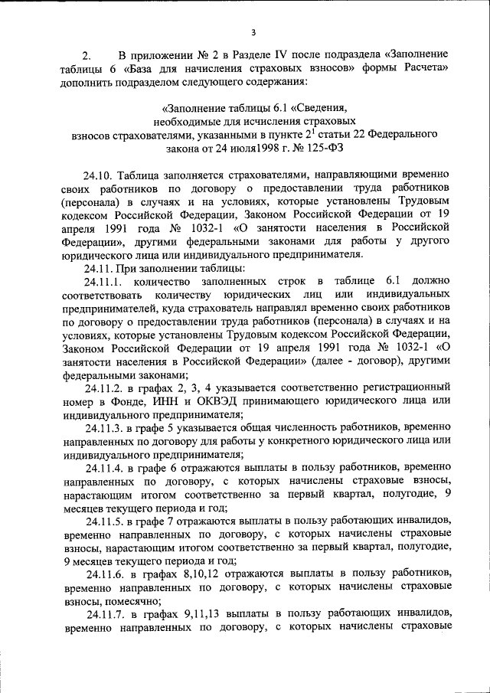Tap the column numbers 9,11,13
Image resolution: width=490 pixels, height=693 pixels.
tap(191, 614)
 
